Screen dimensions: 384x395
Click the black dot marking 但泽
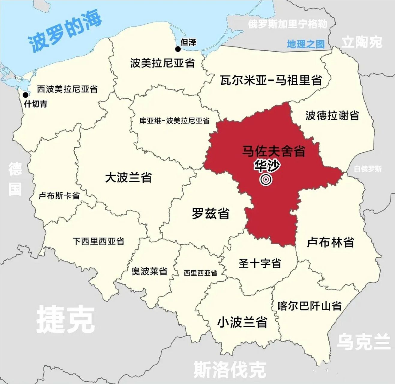178,49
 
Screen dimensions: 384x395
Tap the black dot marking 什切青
25,95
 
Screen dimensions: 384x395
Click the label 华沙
267,166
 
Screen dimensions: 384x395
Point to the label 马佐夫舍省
274,151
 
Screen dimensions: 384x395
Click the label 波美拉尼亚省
162,63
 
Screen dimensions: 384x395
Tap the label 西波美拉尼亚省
67,89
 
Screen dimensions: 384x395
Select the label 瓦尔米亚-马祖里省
271,80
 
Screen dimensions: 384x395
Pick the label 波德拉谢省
332,115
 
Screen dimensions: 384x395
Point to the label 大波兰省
128,177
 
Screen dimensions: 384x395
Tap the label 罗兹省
211,214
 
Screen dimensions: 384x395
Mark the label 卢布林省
330,242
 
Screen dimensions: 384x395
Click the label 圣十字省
260,263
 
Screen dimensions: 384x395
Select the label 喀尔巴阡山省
310,306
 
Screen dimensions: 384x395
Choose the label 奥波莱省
149,271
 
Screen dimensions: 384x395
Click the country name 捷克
65,320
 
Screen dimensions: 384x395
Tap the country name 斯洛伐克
230,369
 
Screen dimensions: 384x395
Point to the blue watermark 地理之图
306,44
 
